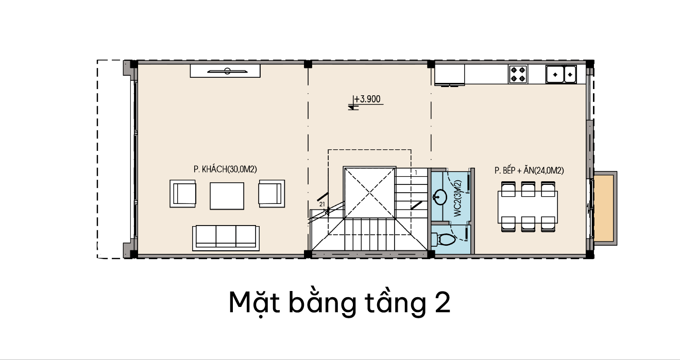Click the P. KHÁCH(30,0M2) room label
(x=225, y=169)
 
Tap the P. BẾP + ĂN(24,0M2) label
(x=529, y=170)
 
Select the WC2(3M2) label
(x=458, y=198)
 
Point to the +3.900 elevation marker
(x=367, y=99)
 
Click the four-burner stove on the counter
(x=518, y=74)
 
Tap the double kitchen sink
(x=561, y=74)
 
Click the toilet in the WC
(x=444, y=239)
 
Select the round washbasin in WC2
(x=439, y=197)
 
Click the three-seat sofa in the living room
(x=226, y=238)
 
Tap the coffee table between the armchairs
(x=227, y=196)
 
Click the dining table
(x=528, y=207)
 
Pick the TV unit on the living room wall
(x=225, y=71)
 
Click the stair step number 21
(x=322, y=204)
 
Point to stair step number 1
(x=416, y=173)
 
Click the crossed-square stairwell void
(x=370, y=193)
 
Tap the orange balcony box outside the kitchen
(x=605, y=208)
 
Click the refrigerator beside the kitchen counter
(x=449, y=74)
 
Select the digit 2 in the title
(x=443, y=303)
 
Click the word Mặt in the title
(x=254, y=303)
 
